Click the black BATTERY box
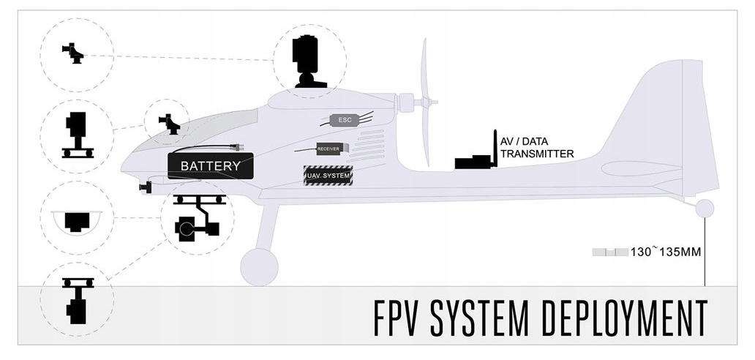pyautogui.click(x=211, y=166)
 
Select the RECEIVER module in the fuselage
pyautogui.click(x=328, y=149)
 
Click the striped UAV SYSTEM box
pyautogui.click(x=328, y=176)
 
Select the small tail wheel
pyautogui.click(x=705, y=209)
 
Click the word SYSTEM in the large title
pyautogui.click(x=480, y=316)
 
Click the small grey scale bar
pyautogui.click(x=610, y=252)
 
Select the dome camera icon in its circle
pyautogui.click(x=76, y=220)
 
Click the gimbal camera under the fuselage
pyautogui.click(x=198, y=220)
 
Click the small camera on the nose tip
pyautogui.click(x=145, y=187)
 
